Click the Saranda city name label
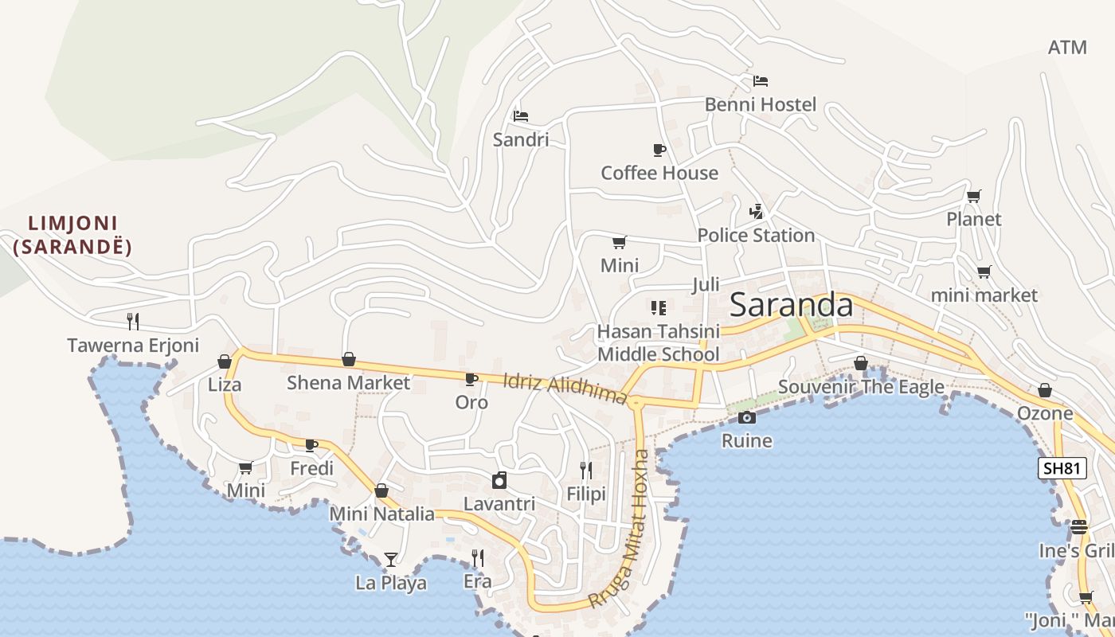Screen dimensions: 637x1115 [791, 305]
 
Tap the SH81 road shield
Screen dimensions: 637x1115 [1062, 468]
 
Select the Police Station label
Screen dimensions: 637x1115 [756, 236]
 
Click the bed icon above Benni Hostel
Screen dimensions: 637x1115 [761, 81]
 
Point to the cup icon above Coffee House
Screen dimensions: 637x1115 [659, 150]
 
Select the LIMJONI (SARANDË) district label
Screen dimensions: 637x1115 [72, 235]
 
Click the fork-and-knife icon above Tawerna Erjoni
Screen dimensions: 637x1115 [133, 322]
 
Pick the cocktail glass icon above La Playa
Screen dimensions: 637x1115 [390, 559]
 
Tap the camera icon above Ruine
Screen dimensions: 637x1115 [746, 418]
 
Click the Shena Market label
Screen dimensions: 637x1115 [348, 383]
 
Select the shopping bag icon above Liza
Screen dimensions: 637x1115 [225, 361]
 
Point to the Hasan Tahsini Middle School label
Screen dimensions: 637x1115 [658, 342]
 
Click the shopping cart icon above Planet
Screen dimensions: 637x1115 [973, 197]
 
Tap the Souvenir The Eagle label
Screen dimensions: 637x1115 [861, 387]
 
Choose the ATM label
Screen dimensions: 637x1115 [1067, 48]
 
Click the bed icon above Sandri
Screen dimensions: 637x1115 [521, 116]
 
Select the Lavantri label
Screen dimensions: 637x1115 [499, 504]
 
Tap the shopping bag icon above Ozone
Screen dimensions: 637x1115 [1045, 390]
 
